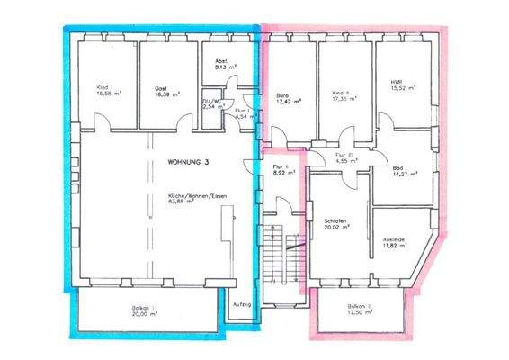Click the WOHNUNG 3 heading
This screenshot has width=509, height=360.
pos(188,162)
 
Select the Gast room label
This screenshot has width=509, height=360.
pos(160,87)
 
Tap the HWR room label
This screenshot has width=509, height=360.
pos(396,85)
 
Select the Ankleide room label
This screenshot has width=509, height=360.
pos(393,238)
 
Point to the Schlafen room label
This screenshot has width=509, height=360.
pos(336,220)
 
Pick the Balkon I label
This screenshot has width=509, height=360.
pos(144,309)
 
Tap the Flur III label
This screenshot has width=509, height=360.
pos(342,156)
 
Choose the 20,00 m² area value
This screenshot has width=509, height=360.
pos(144,316)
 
